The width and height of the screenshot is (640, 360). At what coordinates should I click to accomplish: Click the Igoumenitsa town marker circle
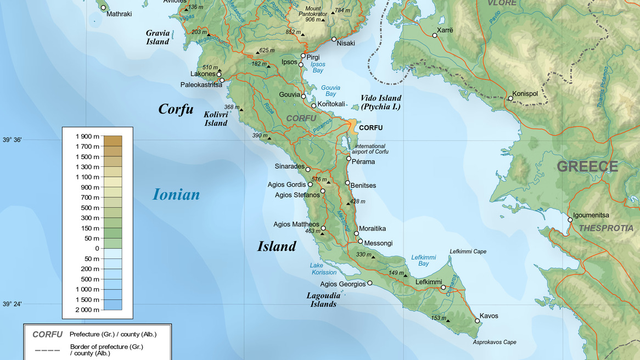coord(570,220)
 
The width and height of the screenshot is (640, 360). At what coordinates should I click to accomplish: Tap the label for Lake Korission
coord(324,269)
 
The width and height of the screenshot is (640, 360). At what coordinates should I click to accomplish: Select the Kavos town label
coord(489,316)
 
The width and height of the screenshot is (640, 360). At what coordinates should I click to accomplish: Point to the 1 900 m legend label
coord(87,136)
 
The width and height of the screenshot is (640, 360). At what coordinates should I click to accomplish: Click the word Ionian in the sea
coord(176,194)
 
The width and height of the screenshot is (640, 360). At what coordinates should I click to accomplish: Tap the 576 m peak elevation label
coord(319,179)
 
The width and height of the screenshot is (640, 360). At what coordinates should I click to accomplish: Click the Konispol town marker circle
coord(510,99)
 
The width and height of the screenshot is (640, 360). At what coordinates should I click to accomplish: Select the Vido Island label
coord(380,102)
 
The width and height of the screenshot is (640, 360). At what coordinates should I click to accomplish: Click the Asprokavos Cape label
coord(494,342)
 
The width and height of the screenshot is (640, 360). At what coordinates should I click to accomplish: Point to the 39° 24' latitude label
coord(12,304)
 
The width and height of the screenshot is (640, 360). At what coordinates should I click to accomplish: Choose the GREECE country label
coord(587,167)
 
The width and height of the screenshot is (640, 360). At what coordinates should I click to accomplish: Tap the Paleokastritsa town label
coord(201,85)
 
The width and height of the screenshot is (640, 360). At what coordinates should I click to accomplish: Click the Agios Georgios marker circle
coord(370,284)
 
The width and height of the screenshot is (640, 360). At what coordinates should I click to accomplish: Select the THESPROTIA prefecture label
coord(606,228)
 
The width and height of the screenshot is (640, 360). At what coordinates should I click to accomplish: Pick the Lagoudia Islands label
coord(323,299)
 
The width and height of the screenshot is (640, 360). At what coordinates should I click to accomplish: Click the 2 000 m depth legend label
coord(87,310)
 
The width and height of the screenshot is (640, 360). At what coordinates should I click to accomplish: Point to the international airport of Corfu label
coord(371,149)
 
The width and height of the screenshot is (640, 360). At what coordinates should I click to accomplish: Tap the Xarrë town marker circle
coord(435,36)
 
